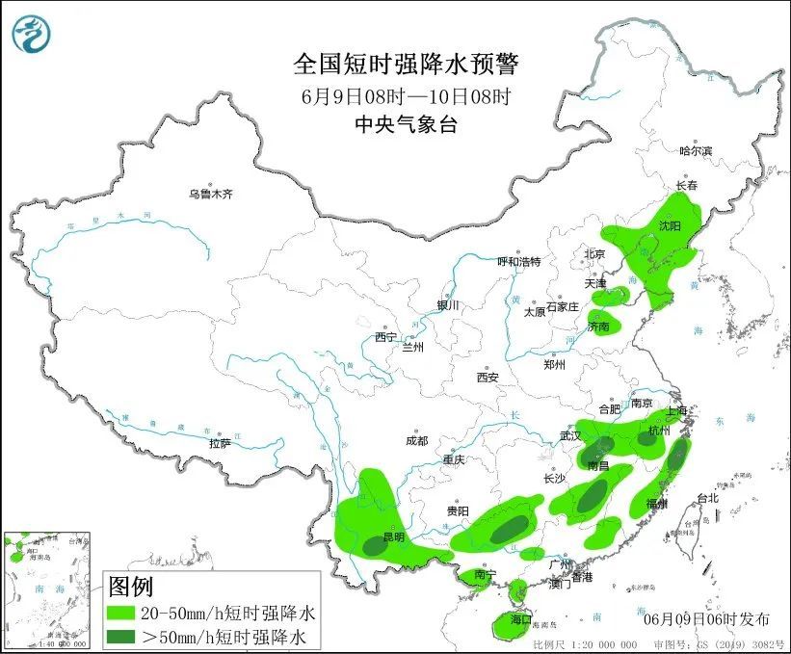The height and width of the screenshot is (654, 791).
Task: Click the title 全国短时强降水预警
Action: [x=406, y=65]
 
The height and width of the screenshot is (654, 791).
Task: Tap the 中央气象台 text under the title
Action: [x=405, y=123]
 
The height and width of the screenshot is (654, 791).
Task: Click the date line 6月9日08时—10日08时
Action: [x=405, y=95]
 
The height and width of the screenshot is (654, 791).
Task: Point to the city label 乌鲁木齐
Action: [x=211, y=194]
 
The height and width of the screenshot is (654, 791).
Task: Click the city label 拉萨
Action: [x=220, y=443]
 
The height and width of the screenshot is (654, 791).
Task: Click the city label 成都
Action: [x=416, y=440]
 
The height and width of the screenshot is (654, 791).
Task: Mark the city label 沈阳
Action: [x=670, y=225]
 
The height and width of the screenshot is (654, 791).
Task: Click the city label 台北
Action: [x=707, y=498]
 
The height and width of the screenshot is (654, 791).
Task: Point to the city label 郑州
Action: [x=556, y=364]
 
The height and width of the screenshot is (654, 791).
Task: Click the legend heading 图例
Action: [x=130, y=586]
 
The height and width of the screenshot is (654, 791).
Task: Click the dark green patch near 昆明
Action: [x=373, y=545]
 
